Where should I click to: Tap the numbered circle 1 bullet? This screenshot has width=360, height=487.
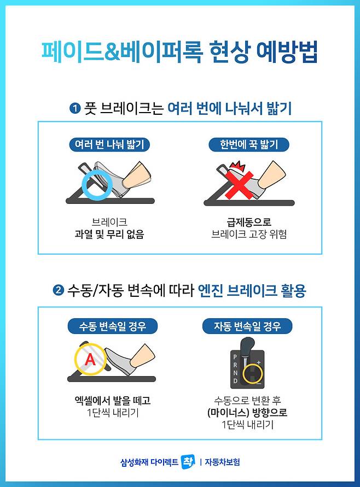75,108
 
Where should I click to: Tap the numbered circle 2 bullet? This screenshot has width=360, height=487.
58,290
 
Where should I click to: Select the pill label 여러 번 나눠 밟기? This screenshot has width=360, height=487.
109,145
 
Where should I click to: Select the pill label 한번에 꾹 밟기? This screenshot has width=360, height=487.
249,145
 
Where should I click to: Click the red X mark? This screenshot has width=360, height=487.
240,186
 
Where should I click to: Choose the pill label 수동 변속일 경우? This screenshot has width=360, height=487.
113,326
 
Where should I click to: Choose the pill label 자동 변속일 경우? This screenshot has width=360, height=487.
247,326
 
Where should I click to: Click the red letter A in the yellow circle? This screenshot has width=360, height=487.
90,360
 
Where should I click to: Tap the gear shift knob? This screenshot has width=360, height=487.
248,347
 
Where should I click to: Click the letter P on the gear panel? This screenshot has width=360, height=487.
235,357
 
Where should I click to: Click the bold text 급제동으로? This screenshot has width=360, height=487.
249,222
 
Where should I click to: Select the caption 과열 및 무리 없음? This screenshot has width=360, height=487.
109,234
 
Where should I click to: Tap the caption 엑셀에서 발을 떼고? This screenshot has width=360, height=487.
113,401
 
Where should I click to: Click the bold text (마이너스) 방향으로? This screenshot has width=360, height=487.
247,413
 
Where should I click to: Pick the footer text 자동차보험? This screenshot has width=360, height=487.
222,462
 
